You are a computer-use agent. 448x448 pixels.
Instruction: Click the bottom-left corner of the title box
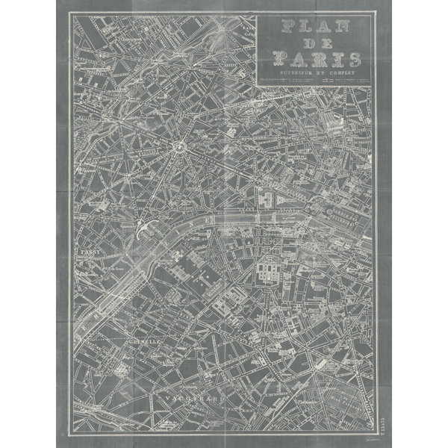(x=256, y=84)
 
